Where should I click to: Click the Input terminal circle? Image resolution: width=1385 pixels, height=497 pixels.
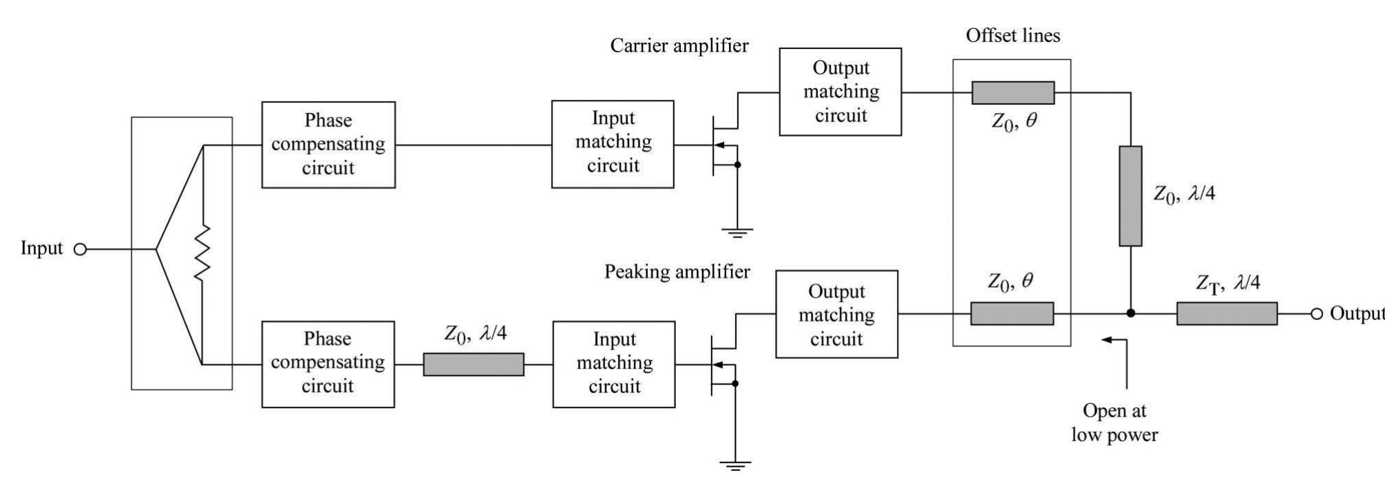(80, 249)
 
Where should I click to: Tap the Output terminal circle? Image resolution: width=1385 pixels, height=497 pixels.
(1316, 314)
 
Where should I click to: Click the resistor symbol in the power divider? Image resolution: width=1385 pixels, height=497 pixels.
(202, 254)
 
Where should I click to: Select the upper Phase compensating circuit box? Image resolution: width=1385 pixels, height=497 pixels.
(328, 145)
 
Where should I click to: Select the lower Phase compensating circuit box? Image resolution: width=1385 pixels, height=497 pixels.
(328, 364)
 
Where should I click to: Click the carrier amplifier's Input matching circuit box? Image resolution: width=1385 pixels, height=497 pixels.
(613, 144)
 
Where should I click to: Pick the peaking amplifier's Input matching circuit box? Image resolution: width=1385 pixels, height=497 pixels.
(613, 364)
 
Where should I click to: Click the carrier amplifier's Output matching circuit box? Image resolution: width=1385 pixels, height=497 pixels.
(840, 92)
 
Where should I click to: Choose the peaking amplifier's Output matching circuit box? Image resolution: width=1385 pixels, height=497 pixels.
(836, 314)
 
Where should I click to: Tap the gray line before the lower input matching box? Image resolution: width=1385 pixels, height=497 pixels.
(473, 364)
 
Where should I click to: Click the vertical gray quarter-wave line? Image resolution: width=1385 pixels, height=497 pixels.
(1130, 195)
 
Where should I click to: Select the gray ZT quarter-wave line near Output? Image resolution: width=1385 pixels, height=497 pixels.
(1227, 314)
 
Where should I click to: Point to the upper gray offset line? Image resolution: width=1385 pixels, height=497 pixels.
(1013, 92)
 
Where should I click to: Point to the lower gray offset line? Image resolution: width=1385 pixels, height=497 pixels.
(1012, 314)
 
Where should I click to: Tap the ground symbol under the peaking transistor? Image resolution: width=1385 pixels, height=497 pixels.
(735, 465)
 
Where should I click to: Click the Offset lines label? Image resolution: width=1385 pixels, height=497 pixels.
(1013, 36)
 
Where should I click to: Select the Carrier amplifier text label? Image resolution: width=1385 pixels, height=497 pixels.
(679, 46)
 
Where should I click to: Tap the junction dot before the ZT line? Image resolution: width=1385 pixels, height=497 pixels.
(1130, 314)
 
